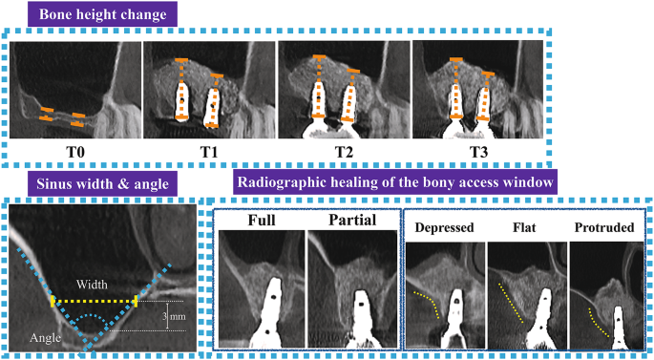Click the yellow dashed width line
[x=95, y=301]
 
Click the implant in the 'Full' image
[x=273, y=306]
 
